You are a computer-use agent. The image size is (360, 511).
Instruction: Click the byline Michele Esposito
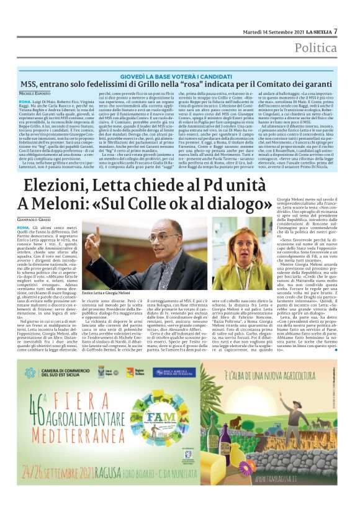37,92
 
